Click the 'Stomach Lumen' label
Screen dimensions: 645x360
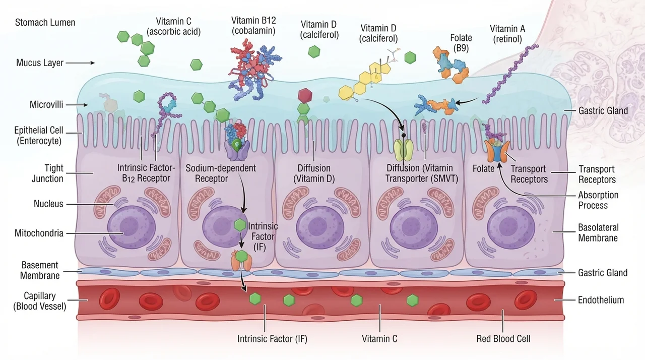[45, 23]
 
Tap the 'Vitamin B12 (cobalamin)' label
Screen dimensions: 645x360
[253, 25]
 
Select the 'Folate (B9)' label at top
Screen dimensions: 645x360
[461, 43]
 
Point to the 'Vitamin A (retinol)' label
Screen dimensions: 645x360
[507, 34]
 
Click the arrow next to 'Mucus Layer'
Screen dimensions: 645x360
[80, 63]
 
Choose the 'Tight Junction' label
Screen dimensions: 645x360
[47, 173]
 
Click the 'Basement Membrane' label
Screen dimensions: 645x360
[40, 270]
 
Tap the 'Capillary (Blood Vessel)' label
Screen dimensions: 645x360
[40, 301]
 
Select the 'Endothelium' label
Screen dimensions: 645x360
[601, 300]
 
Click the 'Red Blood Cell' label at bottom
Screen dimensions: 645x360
[503, 339]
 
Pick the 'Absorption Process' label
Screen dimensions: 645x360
[598, 200]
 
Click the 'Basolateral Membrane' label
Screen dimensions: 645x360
[598, 233]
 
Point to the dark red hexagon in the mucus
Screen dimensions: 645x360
[305, 96]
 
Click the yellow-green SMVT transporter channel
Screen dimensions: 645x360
[404, 150]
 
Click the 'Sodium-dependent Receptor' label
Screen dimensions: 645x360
[221, 173]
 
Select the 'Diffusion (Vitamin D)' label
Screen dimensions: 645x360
[314, 173]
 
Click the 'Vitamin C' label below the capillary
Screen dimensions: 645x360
[379, 339]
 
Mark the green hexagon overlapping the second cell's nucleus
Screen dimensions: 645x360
[240, 225]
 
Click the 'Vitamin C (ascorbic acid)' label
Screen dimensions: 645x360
[173, 26]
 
